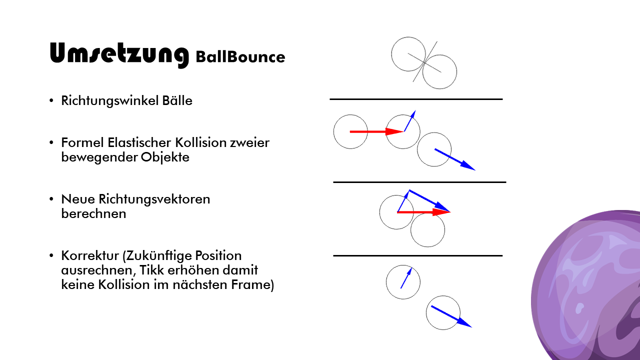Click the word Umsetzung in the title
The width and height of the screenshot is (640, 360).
(119, 54)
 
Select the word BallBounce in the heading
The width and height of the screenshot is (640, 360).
(240, 57)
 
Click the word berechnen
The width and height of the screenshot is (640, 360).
(93, 213)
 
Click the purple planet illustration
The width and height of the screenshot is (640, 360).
(590, 290)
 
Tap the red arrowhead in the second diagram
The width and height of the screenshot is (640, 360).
(395, 131)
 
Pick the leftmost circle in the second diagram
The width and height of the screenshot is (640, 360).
(350, 132)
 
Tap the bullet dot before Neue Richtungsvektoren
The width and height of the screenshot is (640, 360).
(51, 199)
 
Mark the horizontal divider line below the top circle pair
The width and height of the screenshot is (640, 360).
(416, 99)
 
